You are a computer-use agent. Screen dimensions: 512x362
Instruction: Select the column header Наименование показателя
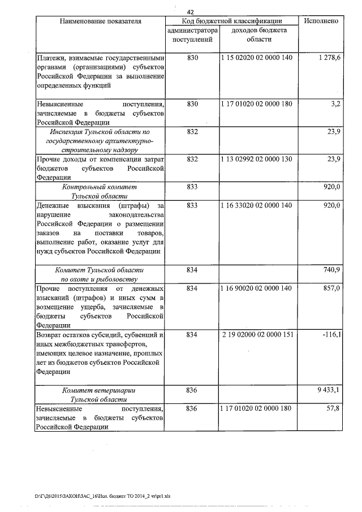(x=100, y=21)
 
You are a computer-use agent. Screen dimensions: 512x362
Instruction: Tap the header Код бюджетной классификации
(x=231, y=21)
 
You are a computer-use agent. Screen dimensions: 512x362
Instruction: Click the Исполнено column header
(x=321, y=21)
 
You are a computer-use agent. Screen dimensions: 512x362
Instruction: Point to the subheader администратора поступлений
(x=193, y=35)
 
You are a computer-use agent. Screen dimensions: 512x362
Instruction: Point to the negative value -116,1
(x=330, y=335)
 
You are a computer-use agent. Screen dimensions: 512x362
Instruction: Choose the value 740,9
(x=330, y=270)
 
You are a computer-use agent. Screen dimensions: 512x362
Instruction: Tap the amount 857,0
(x=330, y=289)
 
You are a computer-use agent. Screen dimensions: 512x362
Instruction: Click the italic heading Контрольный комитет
(x=100, y=186)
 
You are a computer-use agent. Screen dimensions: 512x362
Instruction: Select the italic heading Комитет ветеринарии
(x=100, y=390)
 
